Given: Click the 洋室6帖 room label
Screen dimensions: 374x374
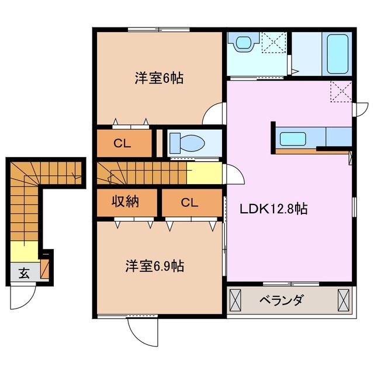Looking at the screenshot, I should [158, 78].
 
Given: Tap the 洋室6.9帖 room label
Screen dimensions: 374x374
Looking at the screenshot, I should [154, 266].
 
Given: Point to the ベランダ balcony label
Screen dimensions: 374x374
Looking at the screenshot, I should [282, 301].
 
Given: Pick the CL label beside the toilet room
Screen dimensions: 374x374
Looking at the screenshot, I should [122, 143].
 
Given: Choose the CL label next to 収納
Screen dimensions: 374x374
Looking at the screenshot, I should [189, 203].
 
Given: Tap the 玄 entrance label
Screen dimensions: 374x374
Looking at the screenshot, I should [24, 272].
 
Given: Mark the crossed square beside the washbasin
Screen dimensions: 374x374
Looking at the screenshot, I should [272, 43].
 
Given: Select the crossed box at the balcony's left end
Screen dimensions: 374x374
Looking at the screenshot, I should [235, 300].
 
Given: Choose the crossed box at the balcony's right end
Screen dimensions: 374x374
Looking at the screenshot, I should [343, 300].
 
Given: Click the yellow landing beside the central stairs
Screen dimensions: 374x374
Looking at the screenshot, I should [204, 174].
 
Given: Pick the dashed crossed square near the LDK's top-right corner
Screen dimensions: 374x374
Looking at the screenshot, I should [340, 91].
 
